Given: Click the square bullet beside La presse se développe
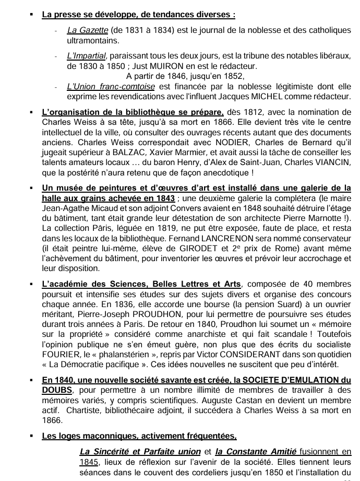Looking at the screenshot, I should [x=32, y=11].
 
